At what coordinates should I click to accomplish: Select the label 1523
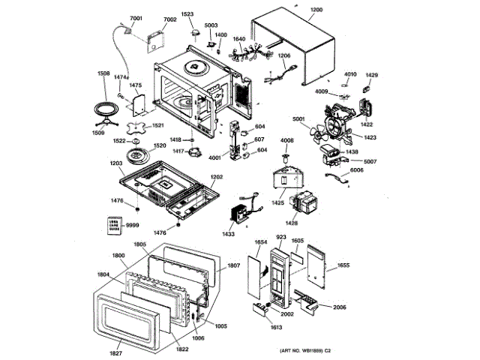187,14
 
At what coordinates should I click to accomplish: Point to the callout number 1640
238,39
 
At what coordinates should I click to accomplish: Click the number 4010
350,75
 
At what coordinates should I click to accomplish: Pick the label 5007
370,161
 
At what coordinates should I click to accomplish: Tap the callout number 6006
357,171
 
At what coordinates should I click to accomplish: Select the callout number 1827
115,352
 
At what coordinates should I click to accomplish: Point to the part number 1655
343,265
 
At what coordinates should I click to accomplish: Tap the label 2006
339,307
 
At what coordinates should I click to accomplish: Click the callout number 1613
255,328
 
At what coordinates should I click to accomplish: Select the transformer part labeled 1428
304,205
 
